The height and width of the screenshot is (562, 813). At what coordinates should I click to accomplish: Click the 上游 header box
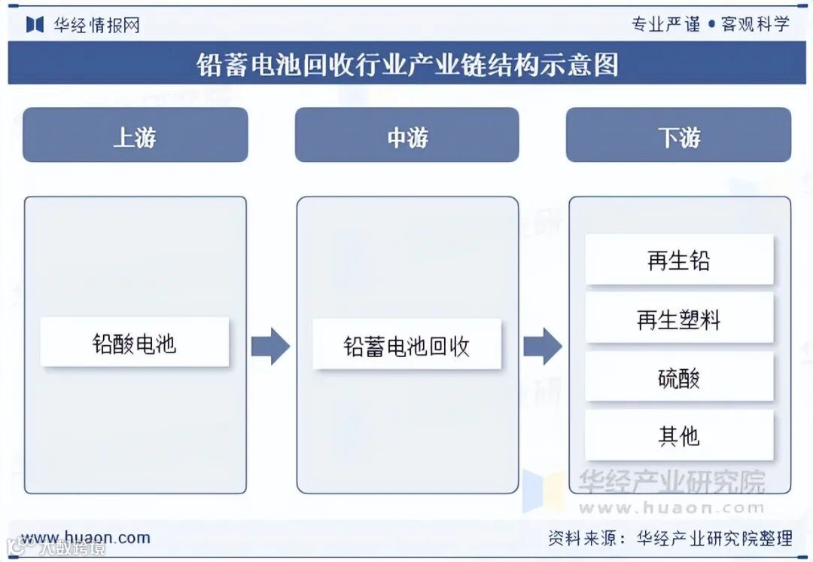pyautogui.click(x=135, y=136)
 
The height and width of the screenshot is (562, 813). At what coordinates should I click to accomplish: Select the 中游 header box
pyautogui.click(x=406, y=136)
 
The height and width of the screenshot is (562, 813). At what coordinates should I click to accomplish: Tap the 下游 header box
pyautogui.click(x=678, y=136)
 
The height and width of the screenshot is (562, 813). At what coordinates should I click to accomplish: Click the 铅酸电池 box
pyautogui.click(x=135, y=343)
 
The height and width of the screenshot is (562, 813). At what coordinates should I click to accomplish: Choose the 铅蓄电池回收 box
pyautogui.click(x=406, y=345)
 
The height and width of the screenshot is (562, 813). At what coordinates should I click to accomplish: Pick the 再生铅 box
pyautogui.click(x=679, y=260)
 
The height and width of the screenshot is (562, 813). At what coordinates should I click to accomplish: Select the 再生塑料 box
pyautogui.click(x=679, y=319)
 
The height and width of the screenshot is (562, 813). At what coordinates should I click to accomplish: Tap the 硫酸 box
pyautogui.click(x=679, y=377)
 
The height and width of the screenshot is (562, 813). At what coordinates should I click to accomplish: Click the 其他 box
pyautogui.click(x=679, y=435)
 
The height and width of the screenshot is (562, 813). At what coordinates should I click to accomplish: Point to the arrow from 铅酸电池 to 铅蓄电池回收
pyautogui.click(x=270, y=346)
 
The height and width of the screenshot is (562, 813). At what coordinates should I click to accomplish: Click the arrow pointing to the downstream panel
pyautogui.click(x=543, y=346)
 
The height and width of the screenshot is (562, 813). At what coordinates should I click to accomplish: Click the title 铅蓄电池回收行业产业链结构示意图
pyautogui.click(x=406, y=64)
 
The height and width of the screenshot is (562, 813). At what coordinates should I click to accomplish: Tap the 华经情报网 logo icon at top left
pyautogui.click(x=35, y=24)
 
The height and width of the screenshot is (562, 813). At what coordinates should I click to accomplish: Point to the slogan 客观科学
pyautogui.click(x=755, y=24)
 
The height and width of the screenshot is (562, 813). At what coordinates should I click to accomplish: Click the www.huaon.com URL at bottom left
pyautogui.click(x=85, y=538)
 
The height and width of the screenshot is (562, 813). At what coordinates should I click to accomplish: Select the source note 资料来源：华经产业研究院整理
pyautogui.click(x=669, y=538)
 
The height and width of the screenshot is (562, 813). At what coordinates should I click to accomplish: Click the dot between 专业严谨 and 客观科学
pyautogui.click(x=711, y=25)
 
